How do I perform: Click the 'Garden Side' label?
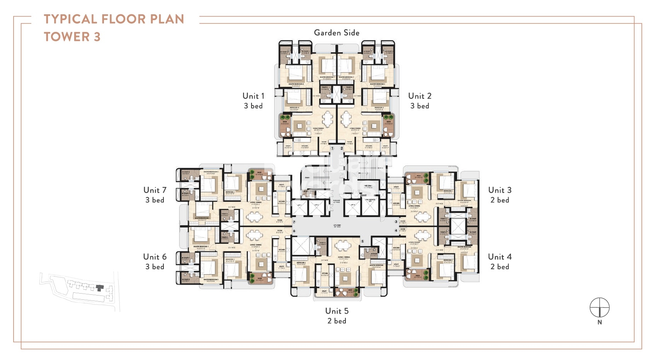coord(337,33)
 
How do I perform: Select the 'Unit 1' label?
coord(253,96)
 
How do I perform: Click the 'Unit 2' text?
coord(420,96)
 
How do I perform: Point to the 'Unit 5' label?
coord(337,311)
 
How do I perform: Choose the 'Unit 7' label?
coord(155,190)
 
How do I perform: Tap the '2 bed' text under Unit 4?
coord(500,267)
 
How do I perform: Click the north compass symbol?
coord(599,308)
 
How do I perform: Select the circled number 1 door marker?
coord(332,148)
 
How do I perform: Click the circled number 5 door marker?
coord(362,241)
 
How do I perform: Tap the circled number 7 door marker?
coord(294,222)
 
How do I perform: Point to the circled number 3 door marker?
coord(396,222)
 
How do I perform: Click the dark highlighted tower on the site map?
coord(100,288)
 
